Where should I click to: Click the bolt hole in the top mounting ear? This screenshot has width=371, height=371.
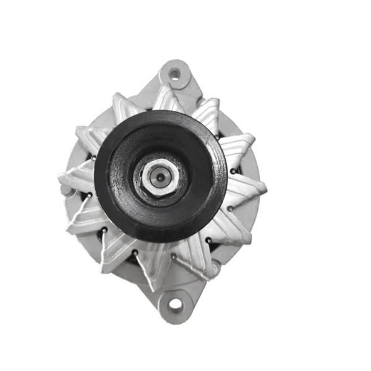point(175,74)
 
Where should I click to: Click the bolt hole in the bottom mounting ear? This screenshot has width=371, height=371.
point(175,304)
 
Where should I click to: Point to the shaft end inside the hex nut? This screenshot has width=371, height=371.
point(160,176)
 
